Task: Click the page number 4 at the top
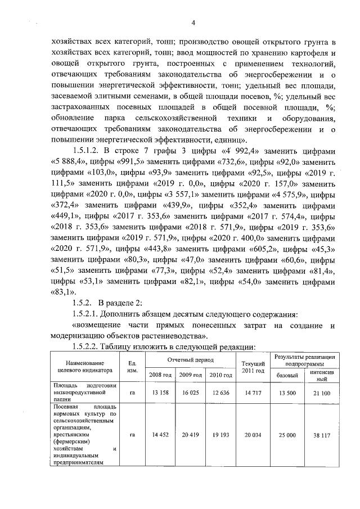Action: pos(193,23)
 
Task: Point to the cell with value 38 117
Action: pos(322,435)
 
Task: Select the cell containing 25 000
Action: pos(287,435)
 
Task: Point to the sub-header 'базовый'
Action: pos(287,374)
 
